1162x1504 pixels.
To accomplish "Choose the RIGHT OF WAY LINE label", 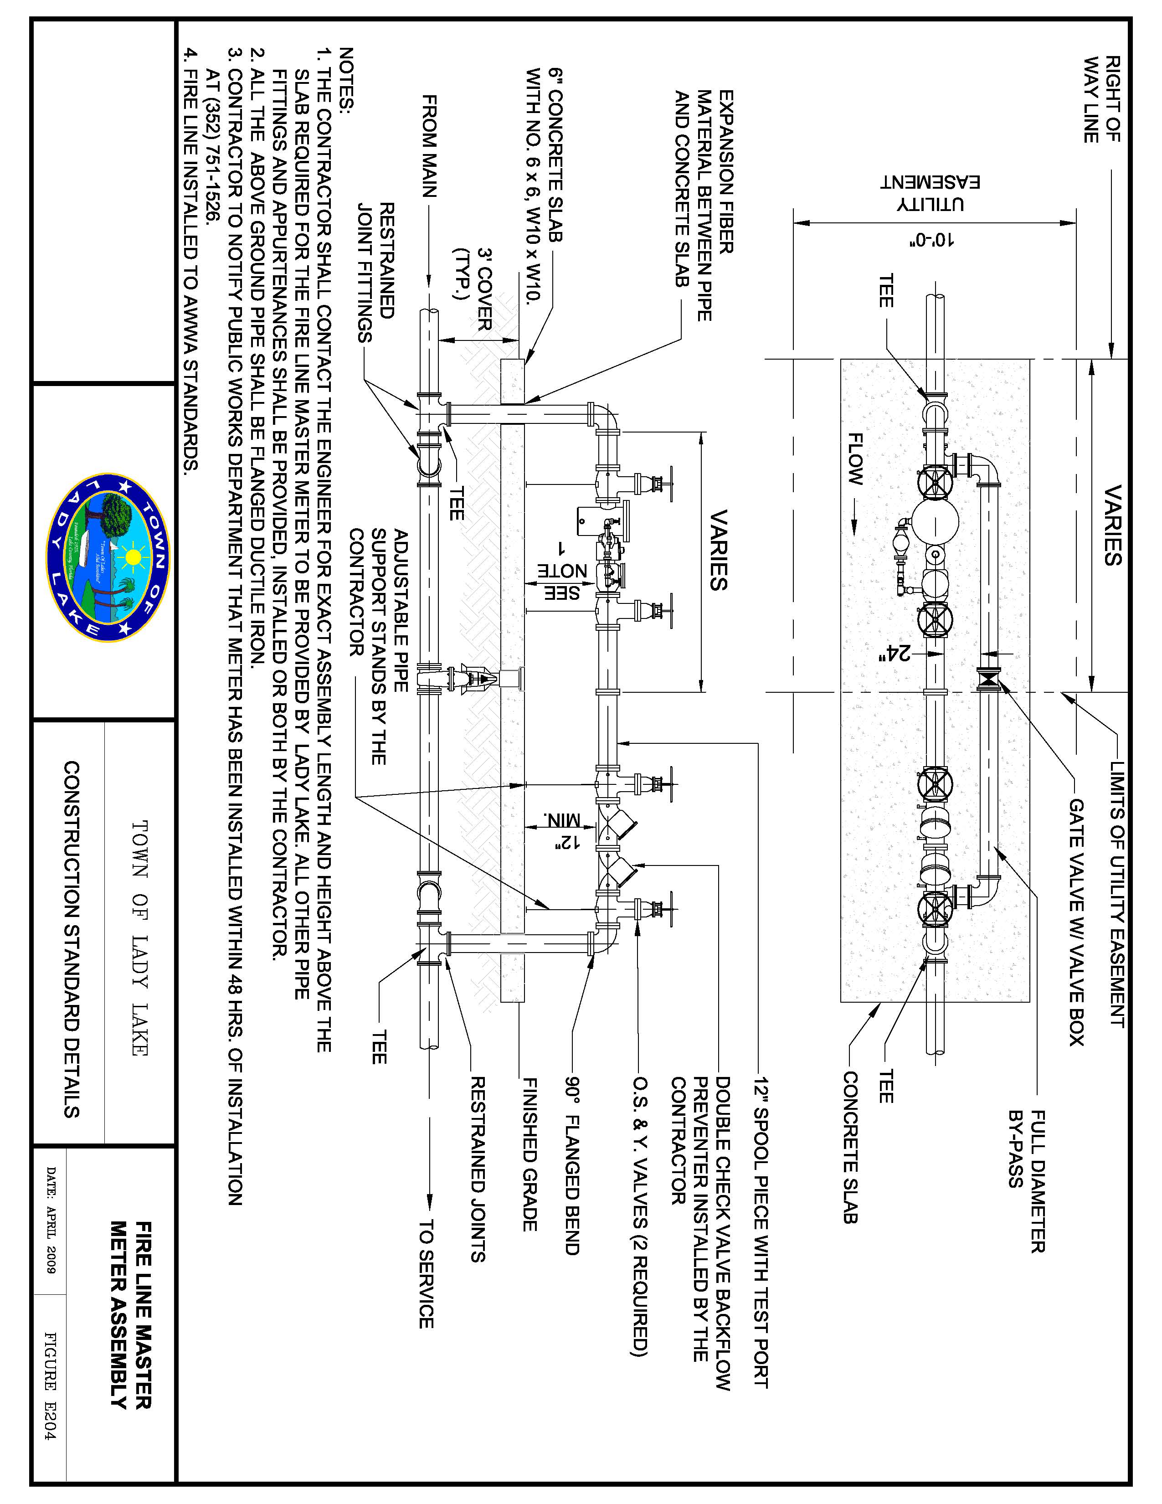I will pyautogui.click(x=1101, y=99).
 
